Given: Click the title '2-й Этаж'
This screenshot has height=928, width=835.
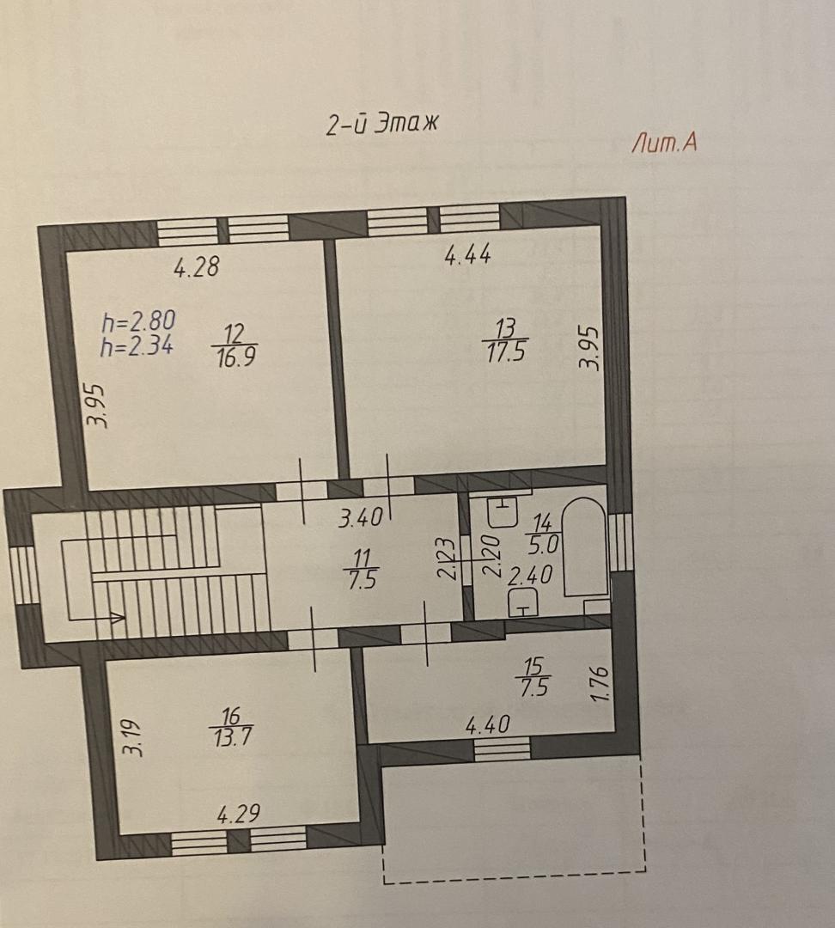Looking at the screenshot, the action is point(383,124).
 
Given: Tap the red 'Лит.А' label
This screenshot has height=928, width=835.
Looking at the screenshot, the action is point(664,143).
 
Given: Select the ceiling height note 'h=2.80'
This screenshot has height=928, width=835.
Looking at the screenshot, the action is point(138,321).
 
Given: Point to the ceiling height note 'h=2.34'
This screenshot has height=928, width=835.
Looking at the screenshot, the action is point(137,345).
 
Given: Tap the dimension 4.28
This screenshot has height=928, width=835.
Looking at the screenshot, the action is point(197,266).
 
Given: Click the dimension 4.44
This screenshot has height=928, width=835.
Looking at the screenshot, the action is point(467,255).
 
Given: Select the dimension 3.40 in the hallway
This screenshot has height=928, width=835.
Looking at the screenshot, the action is point(361,518).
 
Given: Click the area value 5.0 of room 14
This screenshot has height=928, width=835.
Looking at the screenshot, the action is point(543,544).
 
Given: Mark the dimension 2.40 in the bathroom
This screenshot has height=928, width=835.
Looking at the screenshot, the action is point(530,575).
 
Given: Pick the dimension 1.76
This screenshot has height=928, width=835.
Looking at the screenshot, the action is point(600,685).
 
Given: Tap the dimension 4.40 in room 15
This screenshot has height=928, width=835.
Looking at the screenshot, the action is point(488,724).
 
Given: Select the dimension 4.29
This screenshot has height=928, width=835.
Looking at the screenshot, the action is point(239,814).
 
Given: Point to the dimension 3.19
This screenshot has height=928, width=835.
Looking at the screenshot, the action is point(132,737).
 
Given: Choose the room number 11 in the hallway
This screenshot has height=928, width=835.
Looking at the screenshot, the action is point(363,558).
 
